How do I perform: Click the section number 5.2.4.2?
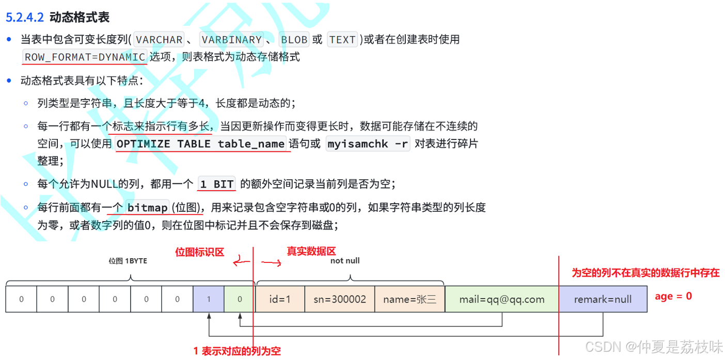25,18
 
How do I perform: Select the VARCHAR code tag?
159,40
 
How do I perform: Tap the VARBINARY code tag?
231,40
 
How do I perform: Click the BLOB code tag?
293,40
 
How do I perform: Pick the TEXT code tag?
342,40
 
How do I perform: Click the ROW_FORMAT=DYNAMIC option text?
85,57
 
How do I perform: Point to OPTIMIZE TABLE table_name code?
200,144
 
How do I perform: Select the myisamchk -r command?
368,144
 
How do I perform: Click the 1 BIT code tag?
217,184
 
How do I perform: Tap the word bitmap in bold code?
147,208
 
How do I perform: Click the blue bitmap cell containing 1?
208,299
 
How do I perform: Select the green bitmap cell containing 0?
240,299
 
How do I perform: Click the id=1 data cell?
280,299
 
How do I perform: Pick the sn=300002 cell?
340,299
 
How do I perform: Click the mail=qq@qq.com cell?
501,299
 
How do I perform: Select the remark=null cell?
603,299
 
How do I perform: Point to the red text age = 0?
673,296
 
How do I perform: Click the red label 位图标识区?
200,252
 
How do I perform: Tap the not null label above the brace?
345,261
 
